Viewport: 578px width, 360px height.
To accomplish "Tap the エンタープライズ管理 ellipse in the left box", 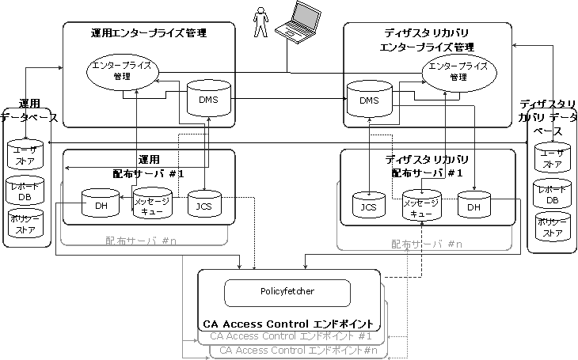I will pos(121,70).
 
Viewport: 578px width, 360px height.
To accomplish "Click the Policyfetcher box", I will pos(287,292).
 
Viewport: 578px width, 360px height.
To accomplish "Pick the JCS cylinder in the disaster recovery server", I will pos(367,206).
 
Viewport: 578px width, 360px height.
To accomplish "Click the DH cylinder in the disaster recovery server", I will pos(473,206).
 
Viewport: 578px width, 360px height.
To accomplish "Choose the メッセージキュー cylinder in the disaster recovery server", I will pos(420,205).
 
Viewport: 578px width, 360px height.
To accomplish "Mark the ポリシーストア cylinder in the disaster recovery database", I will pos(552,226).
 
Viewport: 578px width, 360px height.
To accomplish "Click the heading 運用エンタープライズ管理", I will pos(148,33).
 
